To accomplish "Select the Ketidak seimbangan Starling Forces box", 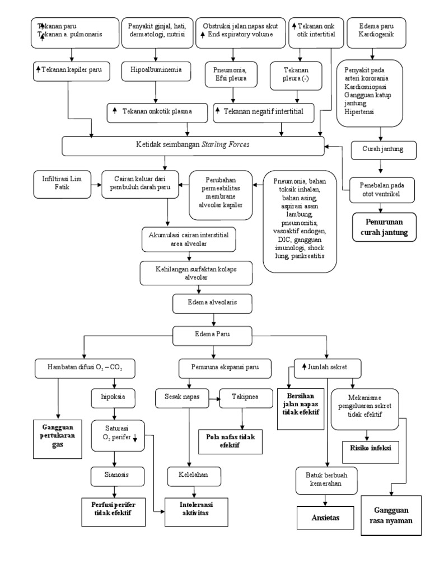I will tap(193, 145).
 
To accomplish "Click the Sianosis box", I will tap(114, 475).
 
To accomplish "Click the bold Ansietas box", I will tap(325, 518).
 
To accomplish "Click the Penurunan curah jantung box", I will tap(384, 227).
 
